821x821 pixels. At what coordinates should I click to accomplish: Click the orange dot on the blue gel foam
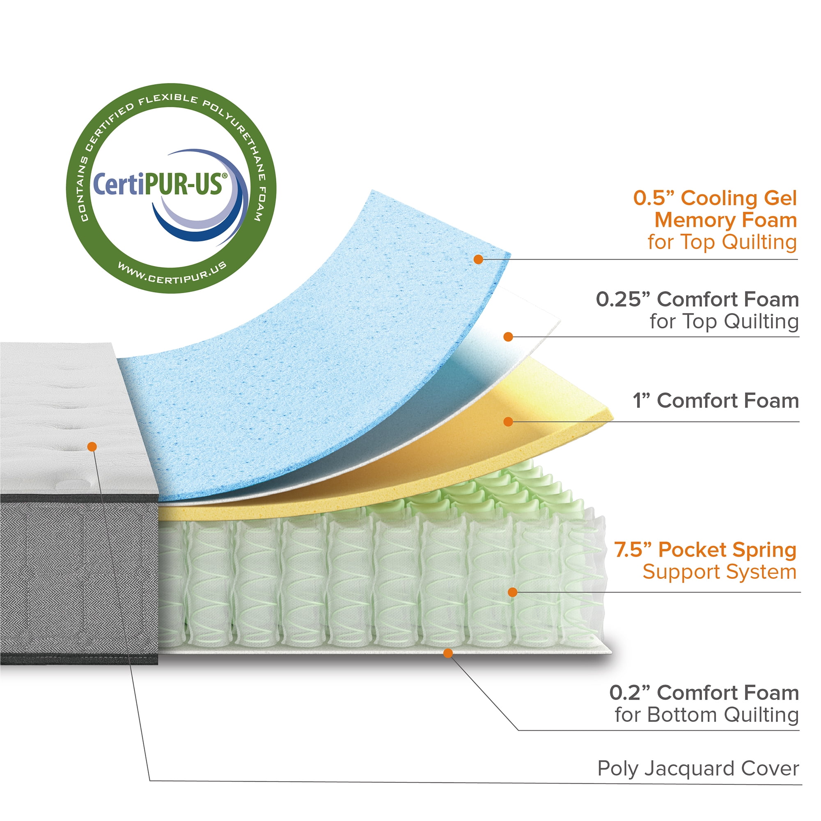point(479,259)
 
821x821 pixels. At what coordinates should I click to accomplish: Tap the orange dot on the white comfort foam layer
point(508,337)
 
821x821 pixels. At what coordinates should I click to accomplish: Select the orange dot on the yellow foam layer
point(508,422)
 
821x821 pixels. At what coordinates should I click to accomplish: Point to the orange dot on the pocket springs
point(512,592)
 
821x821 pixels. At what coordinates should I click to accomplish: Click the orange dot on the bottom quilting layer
point(448,653)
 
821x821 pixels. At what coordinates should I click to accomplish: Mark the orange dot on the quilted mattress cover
point(92,447)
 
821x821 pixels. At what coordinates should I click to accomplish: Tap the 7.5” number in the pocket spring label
point(633,550)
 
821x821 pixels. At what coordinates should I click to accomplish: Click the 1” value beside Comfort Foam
point(642,401)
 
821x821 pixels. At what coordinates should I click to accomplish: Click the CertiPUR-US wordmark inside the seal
point(157,183)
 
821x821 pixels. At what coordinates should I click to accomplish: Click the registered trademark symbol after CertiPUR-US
point(225,175)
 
